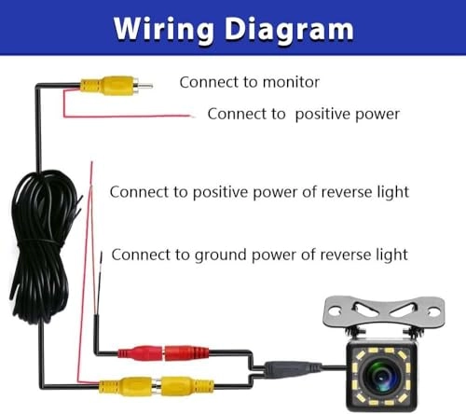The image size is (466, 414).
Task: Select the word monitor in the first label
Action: [x=288, y=82]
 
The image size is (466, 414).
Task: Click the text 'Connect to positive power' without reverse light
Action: [x=303, y=114]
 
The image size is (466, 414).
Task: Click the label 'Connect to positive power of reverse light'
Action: [x=259, y=192]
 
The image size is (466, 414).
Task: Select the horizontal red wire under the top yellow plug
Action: [x=126, y=116]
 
